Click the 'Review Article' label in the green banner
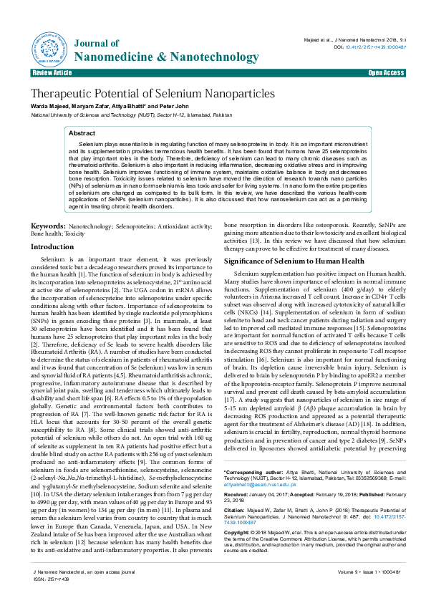(52, 73)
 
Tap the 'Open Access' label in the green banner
(386, 73)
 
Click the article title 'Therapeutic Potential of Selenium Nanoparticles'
(152, 94)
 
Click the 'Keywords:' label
(49, 226)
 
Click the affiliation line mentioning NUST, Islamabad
(122, 114)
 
